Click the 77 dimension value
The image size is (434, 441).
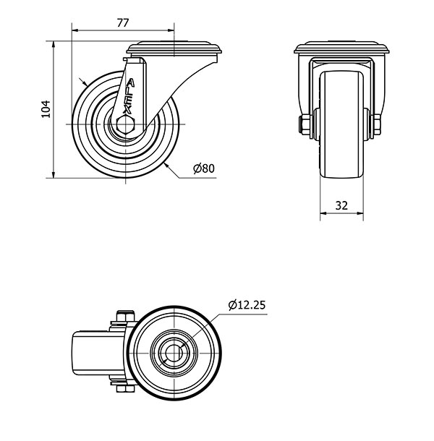pyautogui.click(x=123, y=23)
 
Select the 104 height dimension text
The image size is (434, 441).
pyautogui.click(x=46, y=109)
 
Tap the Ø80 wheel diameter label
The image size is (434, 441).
pyautogui.click(x=204, y=168)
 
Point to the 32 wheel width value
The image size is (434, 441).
pyautogui.click(x=341, y=205)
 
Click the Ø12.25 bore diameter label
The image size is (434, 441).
pyautogui.click(x=247, y=305)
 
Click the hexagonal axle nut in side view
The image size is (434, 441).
pyautogui.click(x=126, y=124)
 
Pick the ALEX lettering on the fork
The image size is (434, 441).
pyautogui.click(x=129, y=96)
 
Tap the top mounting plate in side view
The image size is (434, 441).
pyautogui.click(x=174, y=48)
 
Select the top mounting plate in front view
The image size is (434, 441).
pyautogui.click(x=341, y=48)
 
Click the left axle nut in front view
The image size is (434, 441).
pyautogui.click(x=305, y=124)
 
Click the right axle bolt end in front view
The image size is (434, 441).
pyautogui.click(x=377, y=124)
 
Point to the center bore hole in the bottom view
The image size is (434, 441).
pyautogui.click(x=174, y=353)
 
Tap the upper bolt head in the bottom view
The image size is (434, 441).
pyautogui.click(x=126, y=316)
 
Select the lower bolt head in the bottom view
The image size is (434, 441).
pyautogui.click(x=126, y=389)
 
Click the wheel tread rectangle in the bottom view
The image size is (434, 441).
pyautogui.click(x=99, y=353)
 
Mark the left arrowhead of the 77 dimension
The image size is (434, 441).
pyautogui.click(x=75, y=30)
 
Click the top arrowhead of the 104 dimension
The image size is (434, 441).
pyautogui.click(x=54, y=44)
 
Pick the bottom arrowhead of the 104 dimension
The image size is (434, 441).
pyautogui.click(x=54, y=175)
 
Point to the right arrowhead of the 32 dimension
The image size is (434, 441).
pyautogui.click(x=360, y=213)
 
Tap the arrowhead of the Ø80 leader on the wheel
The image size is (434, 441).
pyautogui.click(x=168, y=166)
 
